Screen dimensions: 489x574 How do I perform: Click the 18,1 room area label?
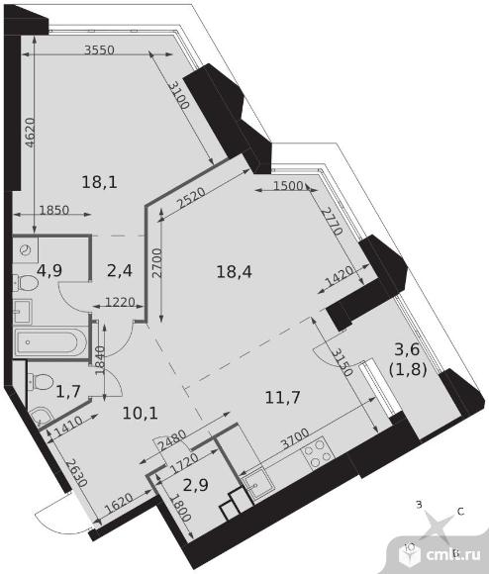[100, 182]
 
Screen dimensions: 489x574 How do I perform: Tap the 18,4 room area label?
[235, 272]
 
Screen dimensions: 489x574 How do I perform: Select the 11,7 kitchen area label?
[282, 397]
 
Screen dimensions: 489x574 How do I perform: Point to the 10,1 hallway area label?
[141, 414]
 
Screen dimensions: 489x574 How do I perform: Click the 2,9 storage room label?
[196, 485]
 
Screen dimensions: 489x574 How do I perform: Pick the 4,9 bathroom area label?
[49, 271]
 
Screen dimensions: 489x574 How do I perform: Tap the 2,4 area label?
[120, 271]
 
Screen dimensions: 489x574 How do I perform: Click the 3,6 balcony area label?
[407, 349]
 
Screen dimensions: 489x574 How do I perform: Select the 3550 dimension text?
[99, 49]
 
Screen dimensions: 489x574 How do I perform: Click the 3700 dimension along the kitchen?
[295, 439]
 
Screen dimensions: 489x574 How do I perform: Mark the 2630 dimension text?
[76, 472]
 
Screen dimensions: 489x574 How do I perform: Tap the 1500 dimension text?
[288, 186]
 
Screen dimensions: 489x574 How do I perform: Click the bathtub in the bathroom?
[50, 342]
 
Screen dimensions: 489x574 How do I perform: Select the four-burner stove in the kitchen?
[318, 453]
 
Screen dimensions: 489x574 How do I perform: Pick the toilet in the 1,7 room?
[40, 381]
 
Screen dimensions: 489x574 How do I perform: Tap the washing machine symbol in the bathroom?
[26, 250]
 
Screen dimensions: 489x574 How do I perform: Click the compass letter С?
[461, 512]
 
